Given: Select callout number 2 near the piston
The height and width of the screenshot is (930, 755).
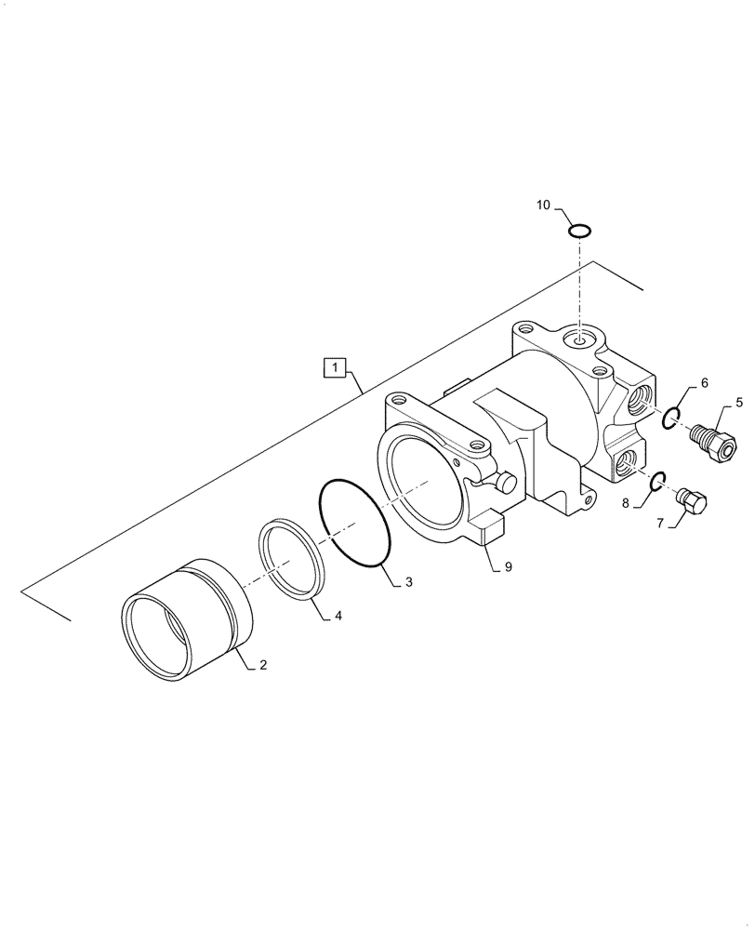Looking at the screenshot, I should (263, 665).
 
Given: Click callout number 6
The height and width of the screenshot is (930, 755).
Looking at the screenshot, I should (704, 382).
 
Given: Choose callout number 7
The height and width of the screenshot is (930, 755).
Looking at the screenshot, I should (661, 524).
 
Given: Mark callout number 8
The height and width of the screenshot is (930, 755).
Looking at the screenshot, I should (625, 503).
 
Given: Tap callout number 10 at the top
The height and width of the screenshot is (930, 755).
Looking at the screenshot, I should (543, 204).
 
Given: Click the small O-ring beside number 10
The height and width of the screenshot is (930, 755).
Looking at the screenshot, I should (578, 229).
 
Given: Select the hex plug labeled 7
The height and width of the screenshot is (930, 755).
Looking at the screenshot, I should (692, 500).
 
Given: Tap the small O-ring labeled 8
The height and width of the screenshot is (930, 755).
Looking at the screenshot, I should (656, 480).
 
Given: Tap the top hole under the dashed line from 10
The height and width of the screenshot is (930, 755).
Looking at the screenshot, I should (579, 340).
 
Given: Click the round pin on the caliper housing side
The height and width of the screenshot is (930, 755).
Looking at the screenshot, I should (506, 482).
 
